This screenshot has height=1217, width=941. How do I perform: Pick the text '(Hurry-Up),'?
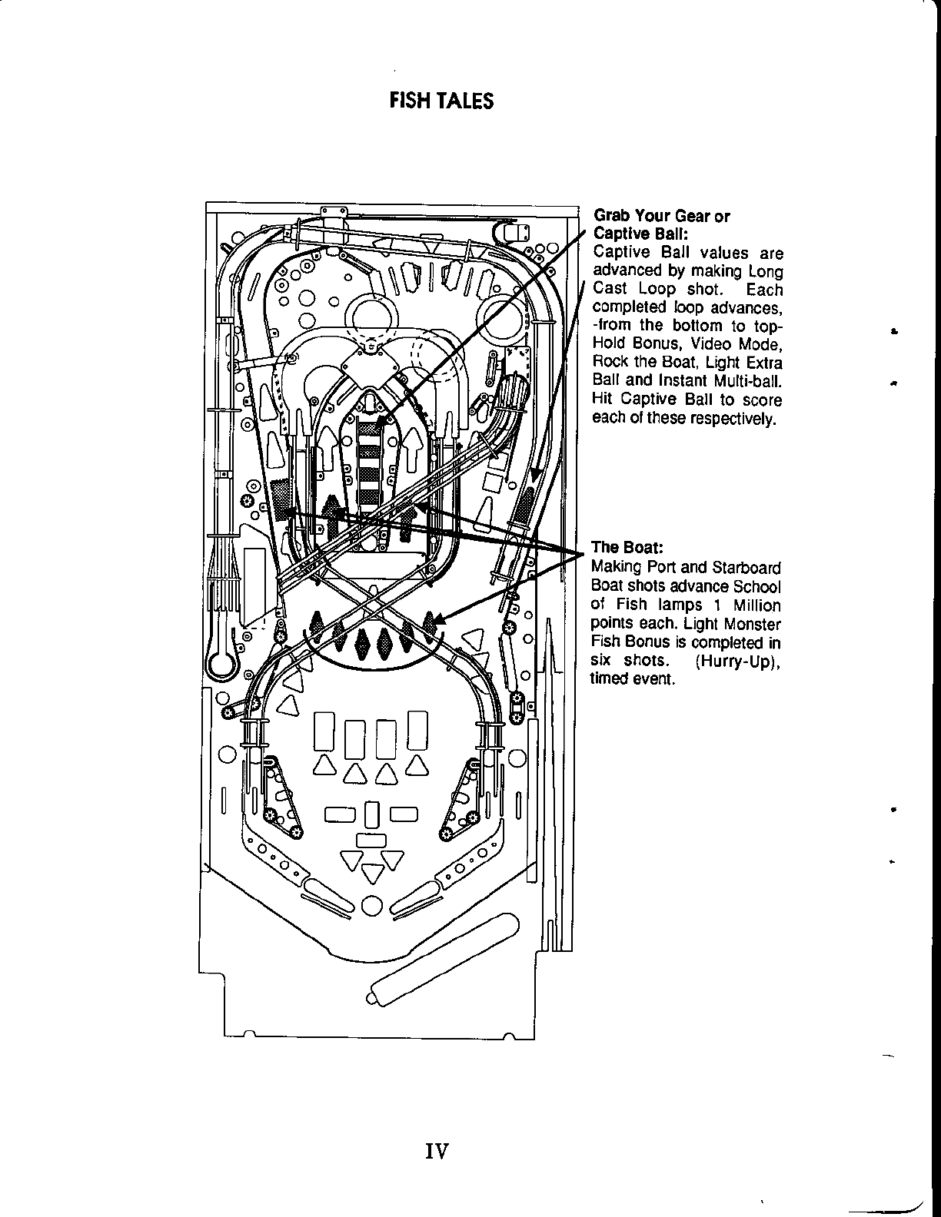click(738, 662)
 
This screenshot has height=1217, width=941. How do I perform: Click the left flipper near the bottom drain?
click(329, 897)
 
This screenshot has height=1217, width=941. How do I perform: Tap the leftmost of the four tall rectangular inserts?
click(324, 730)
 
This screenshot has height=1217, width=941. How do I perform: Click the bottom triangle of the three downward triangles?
click(373, 873)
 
